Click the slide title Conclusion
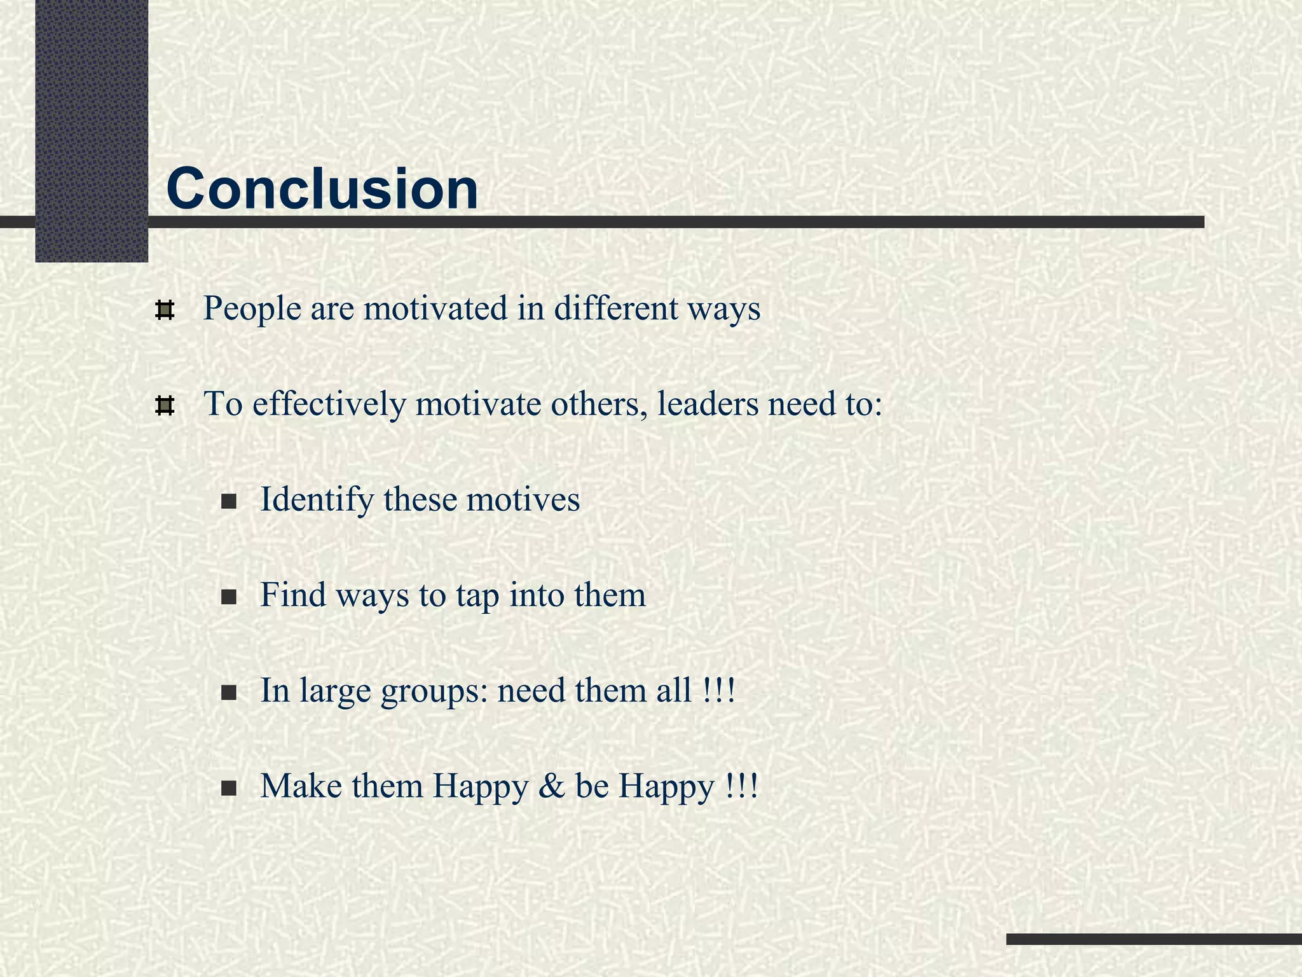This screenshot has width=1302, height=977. point(322,189)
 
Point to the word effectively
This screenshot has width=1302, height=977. point(329,404)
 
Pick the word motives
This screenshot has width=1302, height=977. point(523,499)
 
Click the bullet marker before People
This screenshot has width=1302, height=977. point(165,310)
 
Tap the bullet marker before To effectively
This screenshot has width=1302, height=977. point(165,406)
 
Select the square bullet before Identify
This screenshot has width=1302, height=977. point(229,502)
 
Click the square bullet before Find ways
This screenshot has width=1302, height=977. point(229,598)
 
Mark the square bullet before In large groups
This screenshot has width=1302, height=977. point(229,693)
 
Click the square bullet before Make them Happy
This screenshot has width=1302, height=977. point(229,789)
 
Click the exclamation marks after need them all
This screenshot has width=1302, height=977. point(720,691)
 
